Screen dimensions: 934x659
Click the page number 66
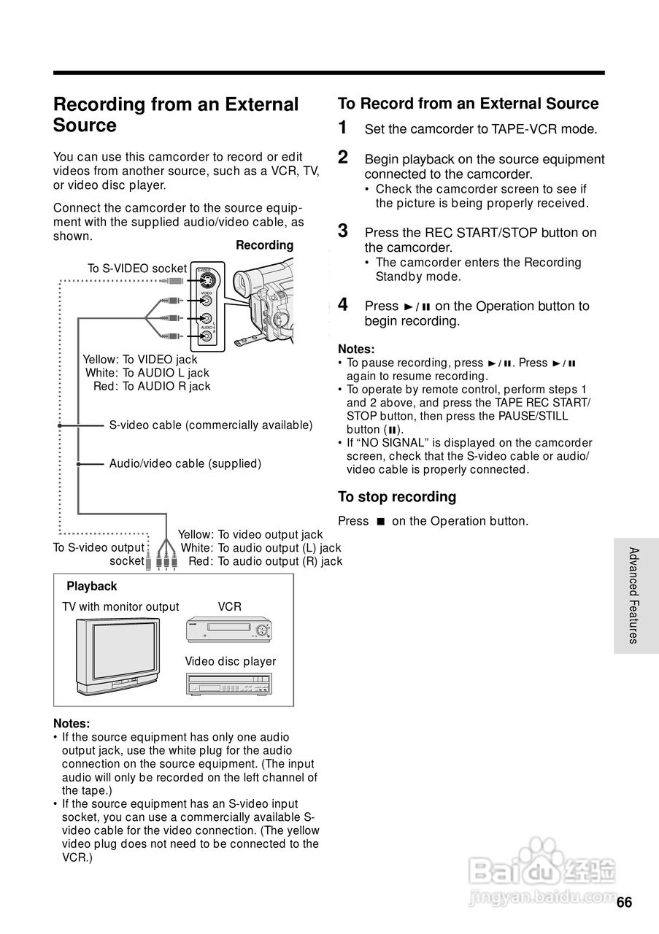tap(624, 903)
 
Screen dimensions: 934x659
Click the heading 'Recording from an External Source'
tap(176, 115)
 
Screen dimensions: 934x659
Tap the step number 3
tap(343, 231)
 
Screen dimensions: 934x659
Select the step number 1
tap(343, 128)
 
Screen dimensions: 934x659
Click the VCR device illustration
tap(229, 629)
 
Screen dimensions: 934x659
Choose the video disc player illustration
tap(229, 684)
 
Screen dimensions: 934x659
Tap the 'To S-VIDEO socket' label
tap(137, 269)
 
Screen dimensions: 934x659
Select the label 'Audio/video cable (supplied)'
tap(185, 463)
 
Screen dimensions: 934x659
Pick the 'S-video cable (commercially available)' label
tap(211, 425)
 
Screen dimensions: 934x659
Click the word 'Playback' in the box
tap(92, 586)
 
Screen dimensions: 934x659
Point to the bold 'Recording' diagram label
tap(264, 245)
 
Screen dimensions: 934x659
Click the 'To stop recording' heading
tap(397, 497)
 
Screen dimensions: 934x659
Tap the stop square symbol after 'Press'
tap(380, 522)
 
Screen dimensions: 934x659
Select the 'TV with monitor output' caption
tap(120, 607)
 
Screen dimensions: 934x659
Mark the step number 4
tap(343, 304)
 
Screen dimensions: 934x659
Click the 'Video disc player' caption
tap(231, 661)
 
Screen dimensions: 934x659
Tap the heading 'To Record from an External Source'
tap(468, 104)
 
